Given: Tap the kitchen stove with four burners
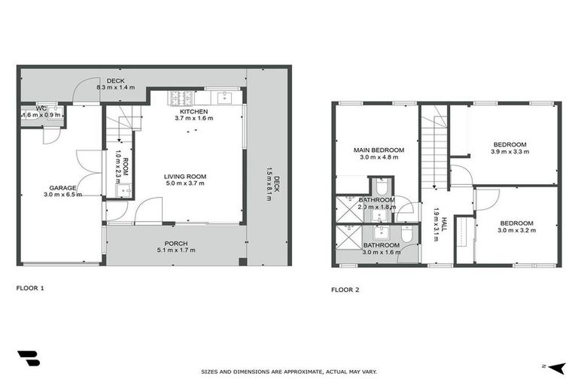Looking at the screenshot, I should tap(182, 97).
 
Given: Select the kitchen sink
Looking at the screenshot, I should tap(223, 97).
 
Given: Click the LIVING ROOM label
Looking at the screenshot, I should tap(185, 177).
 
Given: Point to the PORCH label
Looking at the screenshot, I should tap(176, 244).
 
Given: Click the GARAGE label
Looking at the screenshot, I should tap(62, 188).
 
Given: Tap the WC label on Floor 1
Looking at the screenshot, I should tap(42, 109).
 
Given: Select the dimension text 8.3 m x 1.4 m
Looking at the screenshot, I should tap(115, 88).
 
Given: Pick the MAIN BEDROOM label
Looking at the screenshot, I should tap(379, 150).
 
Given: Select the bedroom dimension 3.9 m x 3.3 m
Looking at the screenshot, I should tap(510, 151).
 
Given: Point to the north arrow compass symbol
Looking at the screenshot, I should tap(556, 368).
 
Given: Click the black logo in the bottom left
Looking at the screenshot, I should tap(28, 359).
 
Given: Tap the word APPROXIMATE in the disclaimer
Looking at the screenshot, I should tap(293, 371).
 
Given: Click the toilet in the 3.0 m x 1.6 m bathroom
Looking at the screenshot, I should tap(406, 236).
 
